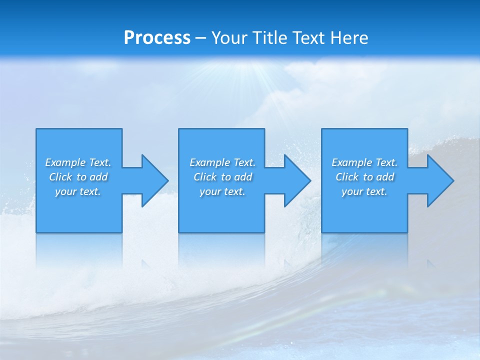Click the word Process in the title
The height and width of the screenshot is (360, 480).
(157, 38)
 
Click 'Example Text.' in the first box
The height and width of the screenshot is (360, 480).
(78, 162)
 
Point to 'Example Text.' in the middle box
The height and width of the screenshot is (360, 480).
(222, 162)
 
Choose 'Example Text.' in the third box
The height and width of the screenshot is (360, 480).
(364, 162)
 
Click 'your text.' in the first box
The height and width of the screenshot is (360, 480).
(78, 191)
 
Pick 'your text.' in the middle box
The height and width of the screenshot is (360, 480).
(222, 191)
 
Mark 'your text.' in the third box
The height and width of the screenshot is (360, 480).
(364, 191)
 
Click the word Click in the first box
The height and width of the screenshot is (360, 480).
(61, 177)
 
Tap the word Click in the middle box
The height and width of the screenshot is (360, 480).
(205, 177)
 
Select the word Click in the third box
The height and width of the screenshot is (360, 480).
(347, 177)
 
